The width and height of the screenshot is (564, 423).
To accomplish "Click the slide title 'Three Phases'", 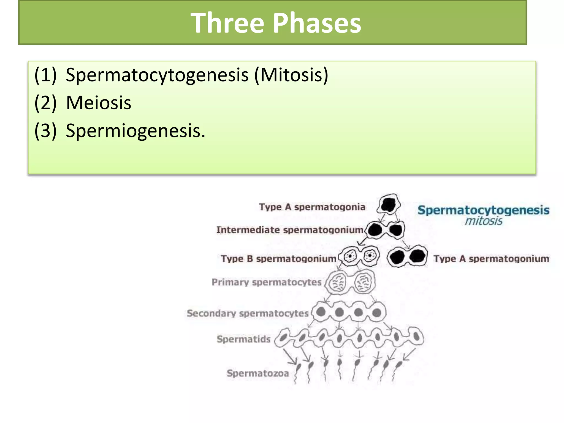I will point(276,23).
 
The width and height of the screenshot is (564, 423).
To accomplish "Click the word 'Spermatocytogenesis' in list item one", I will point(157,75).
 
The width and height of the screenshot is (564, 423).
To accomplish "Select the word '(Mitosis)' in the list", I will point(291,75).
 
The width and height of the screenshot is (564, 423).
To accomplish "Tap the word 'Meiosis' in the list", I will point(99,103).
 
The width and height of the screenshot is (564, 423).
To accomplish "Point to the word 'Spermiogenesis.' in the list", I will point(135,131).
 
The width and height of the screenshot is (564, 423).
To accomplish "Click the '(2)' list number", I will point(45,103).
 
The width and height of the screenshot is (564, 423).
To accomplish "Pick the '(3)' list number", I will point(45,131).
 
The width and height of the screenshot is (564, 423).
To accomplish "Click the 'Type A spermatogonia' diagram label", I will point(312,207).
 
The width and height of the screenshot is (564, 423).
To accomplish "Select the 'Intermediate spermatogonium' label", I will point(290,230).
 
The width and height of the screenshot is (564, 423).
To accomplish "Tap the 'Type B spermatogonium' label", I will point(278,259).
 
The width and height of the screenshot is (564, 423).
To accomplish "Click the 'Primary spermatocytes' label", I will point(266,282).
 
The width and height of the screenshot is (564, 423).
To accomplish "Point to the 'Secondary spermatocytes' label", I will point(248,313).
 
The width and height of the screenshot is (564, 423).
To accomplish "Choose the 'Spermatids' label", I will point(243,339).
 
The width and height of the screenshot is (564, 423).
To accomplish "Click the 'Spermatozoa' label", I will point(257,373).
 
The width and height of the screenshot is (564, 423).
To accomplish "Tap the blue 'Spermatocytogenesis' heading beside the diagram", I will point(483,210).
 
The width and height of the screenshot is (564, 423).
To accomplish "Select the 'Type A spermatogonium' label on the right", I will point(491,259).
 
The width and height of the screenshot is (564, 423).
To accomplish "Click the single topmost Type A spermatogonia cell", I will point(389,204).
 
